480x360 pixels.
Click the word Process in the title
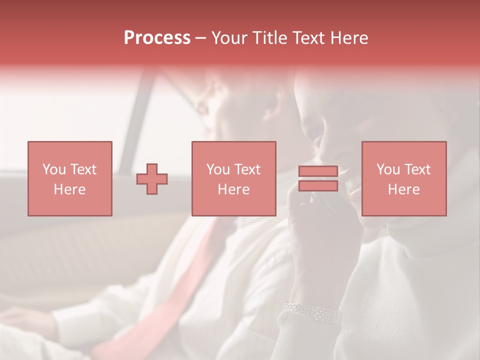click(157, 38)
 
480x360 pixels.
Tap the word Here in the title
click(349, 38)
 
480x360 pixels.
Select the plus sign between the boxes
click(152, 179)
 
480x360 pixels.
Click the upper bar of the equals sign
click(318, 171)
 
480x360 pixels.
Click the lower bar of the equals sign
click(318, 186)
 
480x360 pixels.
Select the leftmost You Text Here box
click(70, 178)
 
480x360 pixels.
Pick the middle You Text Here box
click(234, 178)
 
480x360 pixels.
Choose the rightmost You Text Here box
click(404, 178)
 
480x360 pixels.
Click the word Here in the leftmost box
click(69, 189)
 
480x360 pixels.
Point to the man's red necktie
click(165, 300)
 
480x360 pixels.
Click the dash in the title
click(200, 38)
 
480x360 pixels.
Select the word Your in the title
click(229, 38)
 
